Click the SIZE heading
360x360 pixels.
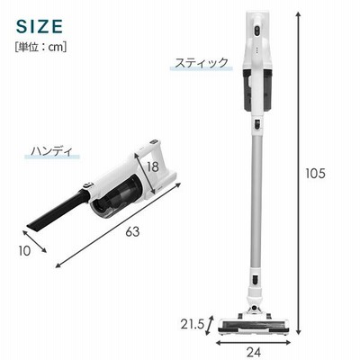[x=40, y=26]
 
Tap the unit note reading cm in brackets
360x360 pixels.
[x=40, y=48]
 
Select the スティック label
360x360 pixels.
[x=202, y=63]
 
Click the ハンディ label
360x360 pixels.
[x=52, y=151]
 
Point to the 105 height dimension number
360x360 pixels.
[x=315, y=174]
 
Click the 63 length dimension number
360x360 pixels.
[x=132, y=231]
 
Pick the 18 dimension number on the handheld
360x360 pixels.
[x=153, y=167]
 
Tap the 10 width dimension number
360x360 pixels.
[x=24, y=251]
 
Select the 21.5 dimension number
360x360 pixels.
[x=193, y=324]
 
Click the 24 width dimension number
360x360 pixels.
[x=254, y=353]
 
